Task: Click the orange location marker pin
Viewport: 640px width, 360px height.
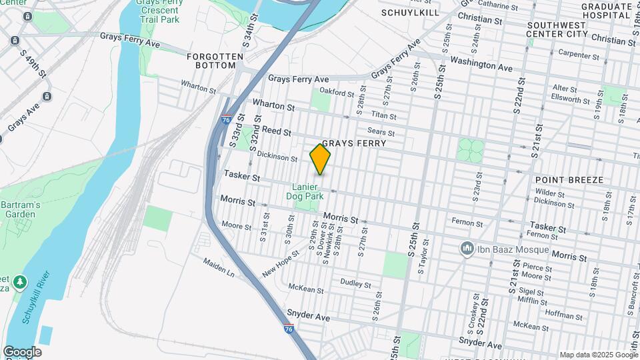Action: tap(321, 159)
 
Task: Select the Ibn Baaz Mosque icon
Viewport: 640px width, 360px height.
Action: tap(467, 249)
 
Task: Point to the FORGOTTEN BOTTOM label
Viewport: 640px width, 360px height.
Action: tap(211, 61)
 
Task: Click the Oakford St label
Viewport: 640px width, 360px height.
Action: tap(335, 93)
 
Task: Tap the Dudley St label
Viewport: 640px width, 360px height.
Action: tap(355, 283)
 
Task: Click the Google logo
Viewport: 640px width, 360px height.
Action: tap(22, 351)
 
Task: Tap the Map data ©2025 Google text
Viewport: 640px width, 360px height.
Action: tap(597, 355)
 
